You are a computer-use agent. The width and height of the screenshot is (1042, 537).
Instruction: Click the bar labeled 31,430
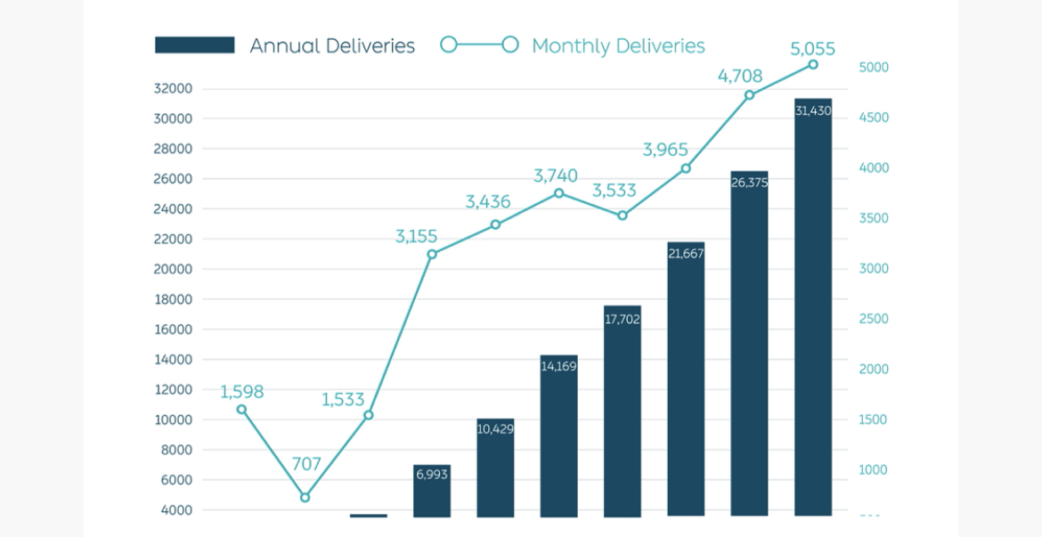click(x=813, y=307)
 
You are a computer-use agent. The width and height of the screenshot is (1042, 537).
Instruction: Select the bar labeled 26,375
click(x=749, y=344)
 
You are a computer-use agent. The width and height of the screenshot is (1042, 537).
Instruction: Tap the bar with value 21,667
click(x=686, y=379)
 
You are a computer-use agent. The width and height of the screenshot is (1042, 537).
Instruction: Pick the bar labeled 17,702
click(x=623, y=411)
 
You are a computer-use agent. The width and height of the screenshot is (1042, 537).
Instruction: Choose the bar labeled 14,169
click(x=558, y=436)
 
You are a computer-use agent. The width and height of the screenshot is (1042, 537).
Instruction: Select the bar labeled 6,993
click(x=432, y=491)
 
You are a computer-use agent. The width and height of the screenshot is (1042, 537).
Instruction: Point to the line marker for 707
click(x=305, y=497)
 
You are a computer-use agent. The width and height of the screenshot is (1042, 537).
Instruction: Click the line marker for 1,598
click(x=241, y=410)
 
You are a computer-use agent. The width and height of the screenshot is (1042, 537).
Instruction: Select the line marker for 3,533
click(x=623, y=216)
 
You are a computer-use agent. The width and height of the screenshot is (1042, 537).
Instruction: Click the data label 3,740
click(x=556, y=175)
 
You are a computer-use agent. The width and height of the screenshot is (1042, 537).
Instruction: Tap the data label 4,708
click(x=740, y=77)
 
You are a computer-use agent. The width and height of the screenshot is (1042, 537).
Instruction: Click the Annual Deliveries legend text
click(x=332, y=46)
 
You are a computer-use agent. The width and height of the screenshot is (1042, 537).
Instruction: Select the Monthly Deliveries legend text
click(x=618, y=46)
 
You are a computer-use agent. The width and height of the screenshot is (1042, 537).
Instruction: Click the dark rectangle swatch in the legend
click(x=194, y=45)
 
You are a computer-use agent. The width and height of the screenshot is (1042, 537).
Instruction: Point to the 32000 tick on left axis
click(x=173, y=89)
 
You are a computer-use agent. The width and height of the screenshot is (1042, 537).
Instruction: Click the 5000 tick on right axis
click(x=873, y=68)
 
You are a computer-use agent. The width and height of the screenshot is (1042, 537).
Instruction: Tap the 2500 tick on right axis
click(x=873, y=319)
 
